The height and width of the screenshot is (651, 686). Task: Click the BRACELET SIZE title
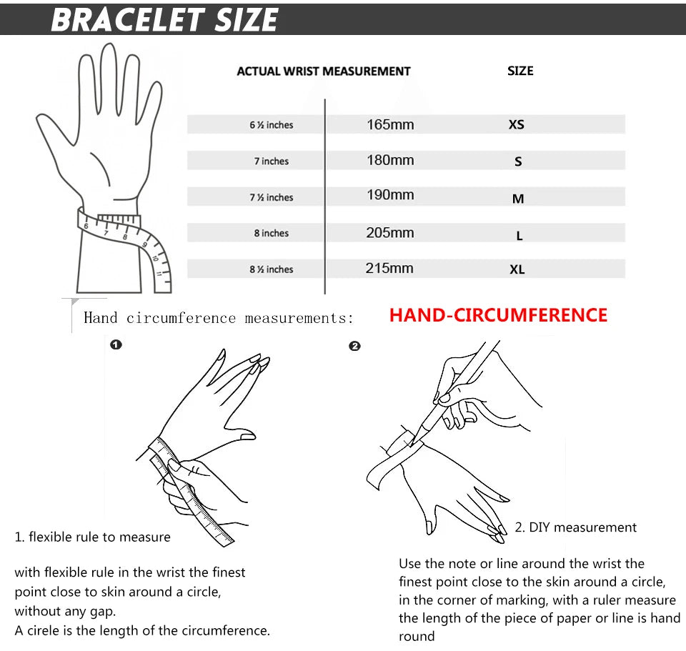coord(164,19)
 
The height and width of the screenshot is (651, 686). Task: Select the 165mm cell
coord(390,124)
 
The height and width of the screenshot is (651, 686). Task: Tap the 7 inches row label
coord(272,161)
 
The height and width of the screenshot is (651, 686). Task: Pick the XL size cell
coord(517,269)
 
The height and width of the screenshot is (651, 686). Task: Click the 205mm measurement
coord(390,233)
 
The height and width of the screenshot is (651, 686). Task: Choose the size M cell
coord(518,199)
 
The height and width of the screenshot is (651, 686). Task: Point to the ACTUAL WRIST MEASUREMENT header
coord(323,71)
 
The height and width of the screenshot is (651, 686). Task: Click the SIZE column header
coord(520,71)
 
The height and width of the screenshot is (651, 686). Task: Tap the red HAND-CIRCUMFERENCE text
coord(498,315)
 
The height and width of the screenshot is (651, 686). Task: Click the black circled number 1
coord(116,345)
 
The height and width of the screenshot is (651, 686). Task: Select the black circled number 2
coord(354,346)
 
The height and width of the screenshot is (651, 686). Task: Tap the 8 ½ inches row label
coord(272,269)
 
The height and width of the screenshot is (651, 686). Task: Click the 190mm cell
coord(390,195)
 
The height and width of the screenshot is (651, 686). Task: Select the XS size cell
coord(516,124)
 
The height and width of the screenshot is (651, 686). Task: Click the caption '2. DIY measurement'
coord(575,527)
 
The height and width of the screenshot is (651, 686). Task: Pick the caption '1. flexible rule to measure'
coord(93,537)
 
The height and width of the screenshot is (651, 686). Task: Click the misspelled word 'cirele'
coord(42,630)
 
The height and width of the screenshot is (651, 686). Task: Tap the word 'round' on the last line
coord(416,636)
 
